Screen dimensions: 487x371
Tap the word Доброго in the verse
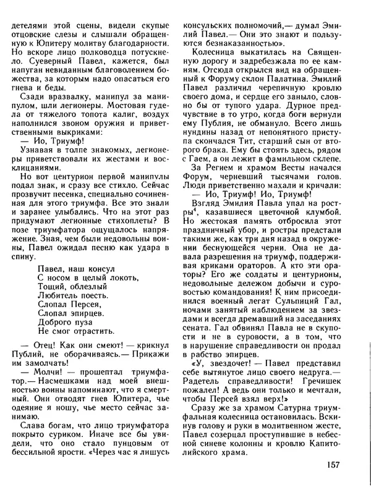(54, 320)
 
